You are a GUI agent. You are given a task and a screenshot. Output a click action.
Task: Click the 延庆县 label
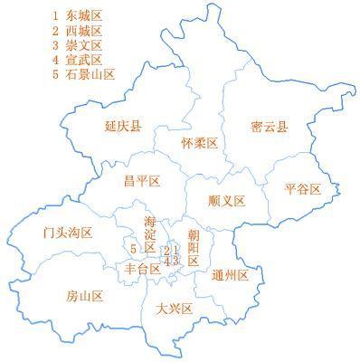(x=123, y=128)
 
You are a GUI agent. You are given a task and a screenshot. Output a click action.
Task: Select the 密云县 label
(x=269, y=128)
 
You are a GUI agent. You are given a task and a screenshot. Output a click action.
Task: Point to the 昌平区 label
(x=142, y=181)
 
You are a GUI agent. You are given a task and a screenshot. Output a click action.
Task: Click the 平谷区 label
(x=302, y=188)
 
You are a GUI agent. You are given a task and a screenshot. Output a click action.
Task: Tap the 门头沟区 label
(x=68, y=233)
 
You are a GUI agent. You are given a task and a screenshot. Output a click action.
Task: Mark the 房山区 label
(x=85, y=296)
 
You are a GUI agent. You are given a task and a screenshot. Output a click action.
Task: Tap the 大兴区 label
(x=175, y=309)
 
